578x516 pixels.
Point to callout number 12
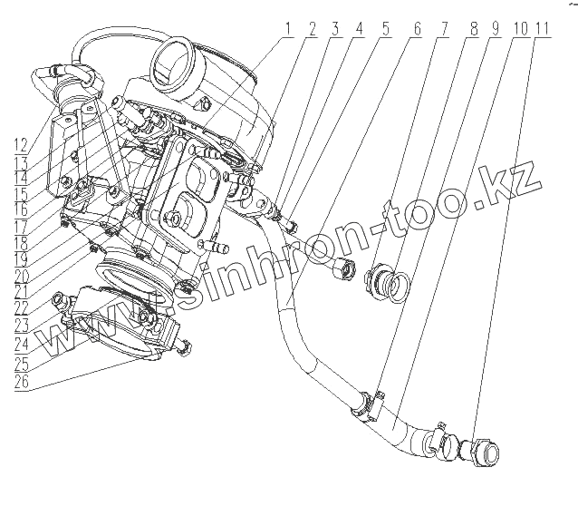click(17, 142)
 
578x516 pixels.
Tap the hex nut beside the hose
click(342, 269)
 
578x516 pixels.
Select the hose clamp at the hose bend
click(366, 404)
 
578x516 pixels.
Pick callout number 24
click(20, 346)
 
